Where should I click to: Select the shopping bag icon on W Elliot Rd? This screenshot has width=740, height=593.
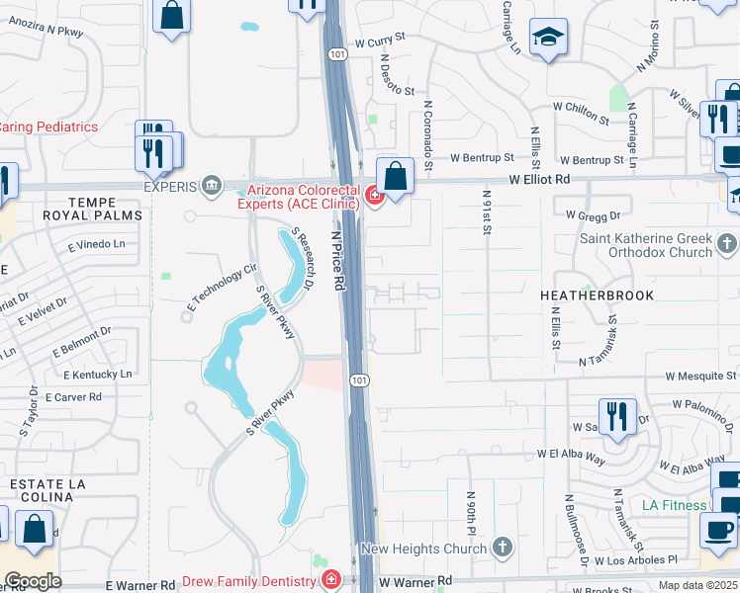[395, 177]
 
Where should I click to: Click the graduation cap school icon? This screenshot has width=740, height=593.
[548, 38]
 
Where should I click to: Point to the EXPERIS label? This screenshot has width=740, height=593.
[171, 185]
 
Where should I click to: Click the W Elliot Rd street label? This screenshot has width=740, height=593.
[539, 180]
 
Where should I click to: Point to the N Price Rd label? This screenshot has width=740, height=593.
[339, 261]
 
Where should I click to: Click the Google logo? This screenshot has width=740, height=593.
[33, 581]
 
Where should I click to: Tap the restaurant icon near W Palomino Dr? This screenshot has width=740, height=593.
[617, 416]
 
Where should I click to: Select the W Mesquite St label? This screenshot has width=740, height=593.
[700, 377]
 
